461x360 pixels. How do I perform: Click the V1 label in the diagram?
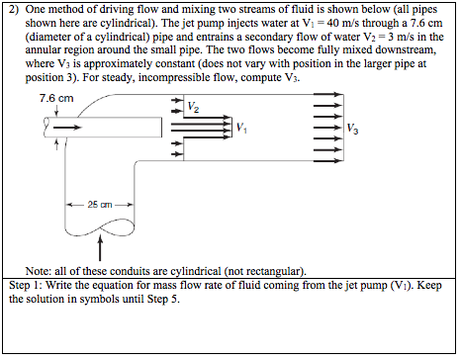[x=241, y=127]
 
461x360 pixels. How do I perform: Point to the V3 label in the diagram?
[x=353, y=127]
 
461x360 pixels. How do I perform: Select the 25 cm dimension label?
[x=97, y=204]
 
